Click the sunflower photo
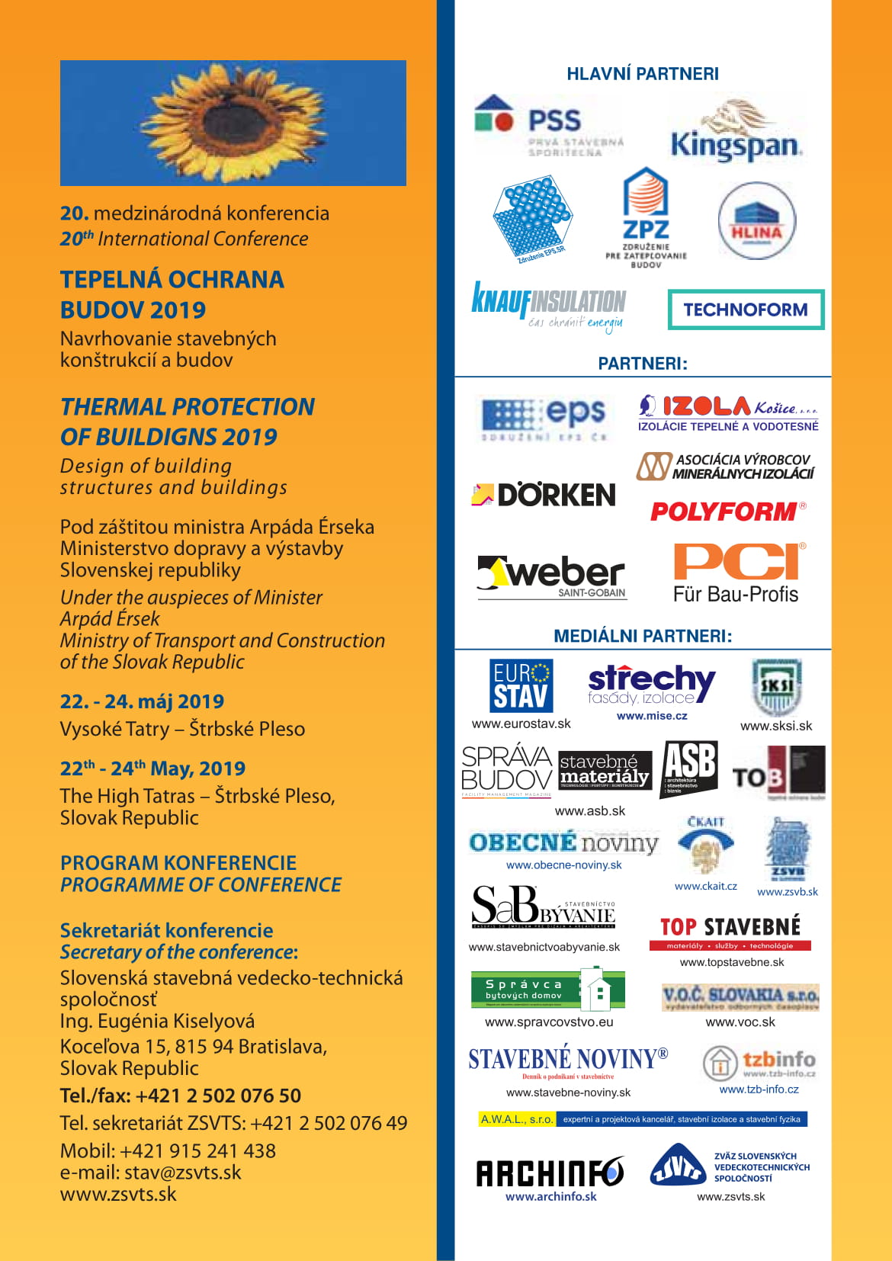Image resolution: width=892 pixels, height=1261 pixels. click(x=233, y=123)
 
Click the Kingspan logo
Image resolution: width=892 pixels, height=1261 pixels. click(x=736, y=133)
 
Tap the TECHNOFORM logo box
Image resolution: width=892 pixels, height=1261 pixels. click(x=746, y=310)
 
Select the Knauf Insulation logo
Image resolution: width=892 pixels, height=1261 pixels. click(x=549, y=306)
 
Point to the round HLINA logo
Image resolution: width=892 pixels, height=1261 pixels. click(x=756, y=221)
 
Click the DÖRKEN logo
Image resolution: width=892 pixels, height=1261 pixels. click(x=544, y=495)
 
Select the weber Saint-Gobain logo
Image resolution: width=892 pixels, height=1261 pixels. click(x=552, y=576)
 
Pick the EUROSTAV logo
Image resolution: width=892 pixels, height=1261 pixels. click(x=521, y=686)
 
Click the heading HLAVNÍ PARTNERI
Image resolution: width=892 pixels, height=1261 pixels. click(x=643, y=74)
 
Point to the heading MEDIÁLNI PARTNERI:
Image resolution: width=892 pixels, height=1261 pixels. click(x=643, y=636)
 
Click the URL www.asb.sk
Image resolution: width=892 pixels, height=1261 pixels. click(x=589, y=811)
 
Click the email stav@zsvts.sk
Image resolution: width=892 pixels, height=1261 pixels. click(x=182, y=1173)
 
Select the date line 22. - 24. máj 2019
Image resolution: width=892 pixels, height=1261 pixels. click(x=142, y=701)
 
